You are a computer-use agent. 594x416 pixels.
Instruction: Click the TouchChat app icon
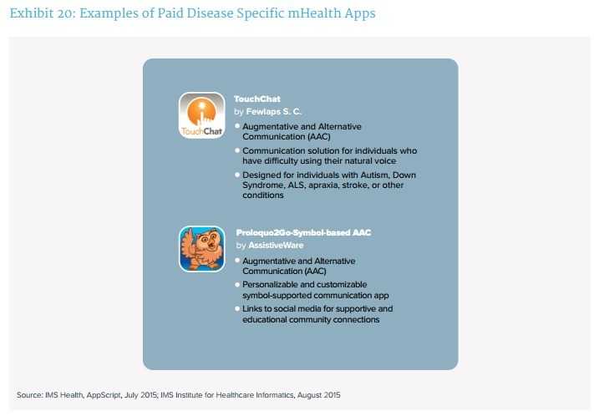point(202,115)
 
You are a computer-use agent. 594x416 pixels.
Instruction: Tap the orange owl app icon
point(202,249)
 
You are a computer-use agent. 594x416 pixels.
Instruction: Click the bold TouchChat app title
point(257,99)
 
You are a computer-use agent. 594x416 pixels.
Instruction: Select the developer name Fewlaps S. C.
point(274,112)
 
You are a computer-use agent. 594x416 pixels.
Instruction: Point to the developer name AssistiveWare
point(276,246)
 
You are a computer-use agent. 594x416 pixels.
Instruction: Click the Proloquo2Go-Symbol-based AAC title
point(303,232)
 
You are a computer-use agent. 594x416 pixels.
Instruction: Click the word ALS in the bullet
point(297,185)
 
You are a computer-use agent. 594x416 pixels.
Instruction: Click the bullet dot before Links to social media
point(237,309)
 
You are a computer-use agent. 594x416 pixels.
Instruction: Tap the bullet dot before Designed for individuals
point(237,175)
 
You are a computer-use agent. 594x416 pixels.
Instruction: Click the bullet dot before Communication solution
point(237,150)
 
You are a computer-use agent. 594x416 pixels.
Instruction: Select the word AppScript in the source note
point(104,395)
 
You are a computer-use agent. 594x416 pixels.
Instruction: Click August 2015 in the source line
point(318,395)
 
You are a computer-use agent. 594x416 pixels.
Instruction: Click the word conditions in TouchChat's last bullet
point(263,195)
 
